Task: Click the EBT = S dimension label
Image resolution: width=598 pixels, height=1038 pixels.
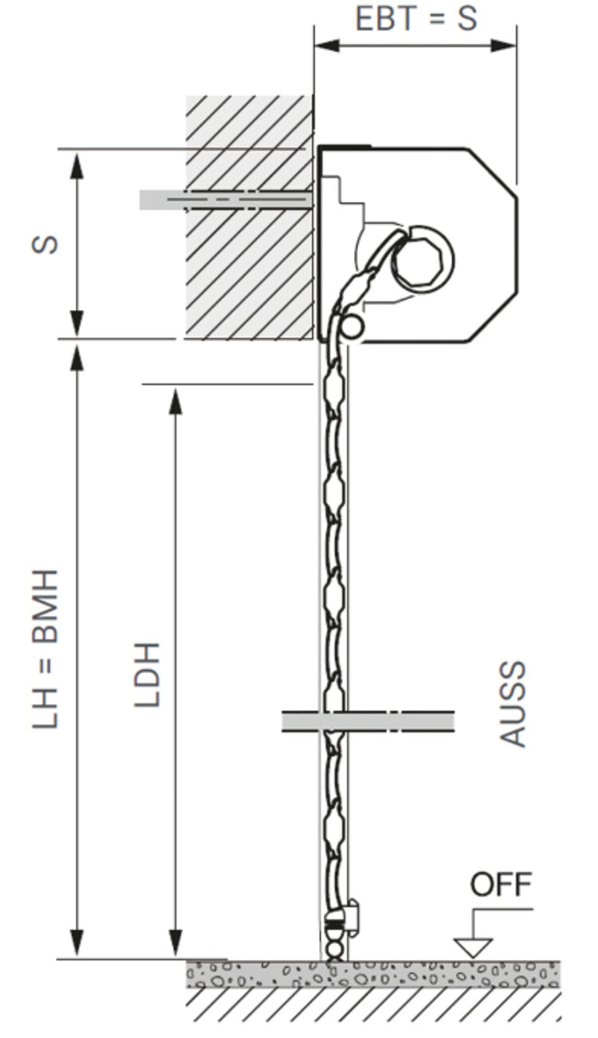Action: pos(416,18)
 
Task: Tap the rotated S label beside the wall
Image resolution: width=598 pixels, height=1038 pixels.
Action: pos(45,244)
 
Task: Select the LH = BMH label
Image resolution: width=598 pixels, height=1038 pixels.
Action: pos(45,649)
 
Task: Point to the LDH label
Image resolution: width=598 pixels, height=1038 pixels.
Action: pos(147,674)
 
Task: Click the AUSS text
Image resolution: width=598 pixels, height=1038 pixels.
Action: pos(513,704)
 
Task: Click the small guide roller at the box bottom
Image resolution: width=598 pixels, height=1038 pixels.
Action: pos(352,327)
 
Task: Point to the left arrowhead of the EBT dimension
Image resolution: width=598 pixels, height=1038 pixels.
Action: pos(326,46)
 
